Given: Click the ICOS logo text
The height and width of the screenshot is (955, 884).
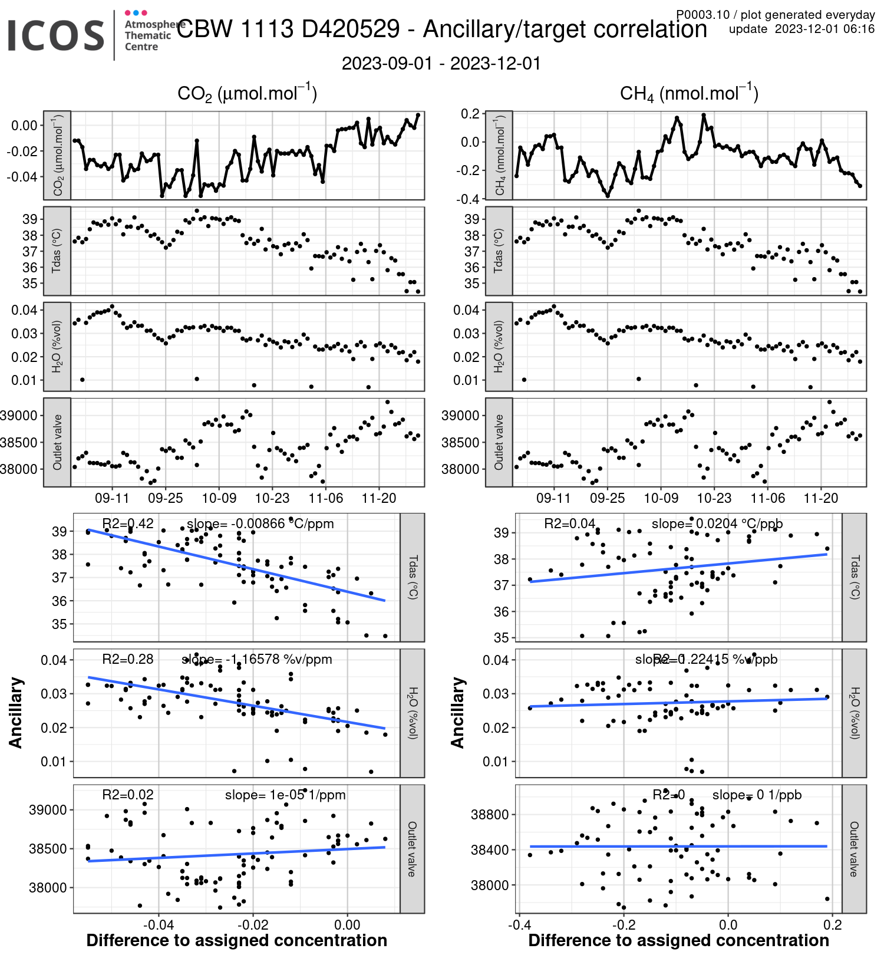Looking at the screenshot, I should pos(56,35).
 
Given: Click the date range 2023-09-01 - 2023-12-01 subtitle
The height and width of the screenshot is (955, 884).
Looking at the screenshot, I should pos(441,64).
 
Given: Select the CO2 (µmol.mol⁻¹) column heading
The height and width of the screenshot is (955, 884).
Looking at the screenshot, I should pos(247,94).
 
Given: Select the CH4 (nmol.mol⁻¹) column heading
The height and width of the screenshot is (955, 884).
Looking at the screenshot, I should pos(689,94).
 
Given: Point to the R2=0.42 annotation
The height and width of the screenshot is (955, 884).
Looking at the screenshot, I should pos(127,523).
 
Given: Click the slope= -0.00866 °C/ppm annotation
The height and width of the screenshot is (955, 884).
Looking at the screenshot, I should pos(260,523).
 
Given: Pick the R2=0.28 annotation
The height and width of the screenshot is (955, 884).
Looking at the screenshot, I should pos(127,659).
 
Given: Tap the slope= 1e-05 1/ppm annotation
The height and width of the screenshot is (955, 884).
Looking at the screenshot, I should pos(285,795).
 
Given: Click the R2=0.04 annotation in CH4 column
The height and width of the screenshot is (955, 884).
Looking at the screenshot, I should pos(569,523).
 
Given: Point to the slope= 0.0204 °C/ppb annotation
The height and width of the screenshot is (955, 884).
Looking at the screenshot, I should pos(717,523).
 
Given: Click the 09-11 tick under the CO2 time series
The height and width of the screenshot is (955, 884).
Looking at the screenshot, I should pos(112,498).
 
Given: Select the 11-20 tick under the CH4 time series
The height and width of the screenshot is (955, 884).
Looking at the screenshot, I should pos(821,498).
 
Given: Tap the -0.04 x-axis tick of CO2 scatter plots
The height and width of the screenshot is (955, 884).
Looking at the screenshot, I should pos(159,924).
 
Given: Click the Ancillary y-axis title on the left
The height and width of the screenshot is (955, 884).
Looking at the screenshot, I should pos(16,713).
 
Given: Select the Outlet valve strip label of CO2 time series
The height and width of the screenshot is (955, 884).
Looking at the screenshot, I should pos(57,442).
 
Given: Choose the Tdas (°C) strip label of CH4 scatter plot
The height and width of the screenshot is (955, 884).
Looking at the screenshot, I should pos(854,577).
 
